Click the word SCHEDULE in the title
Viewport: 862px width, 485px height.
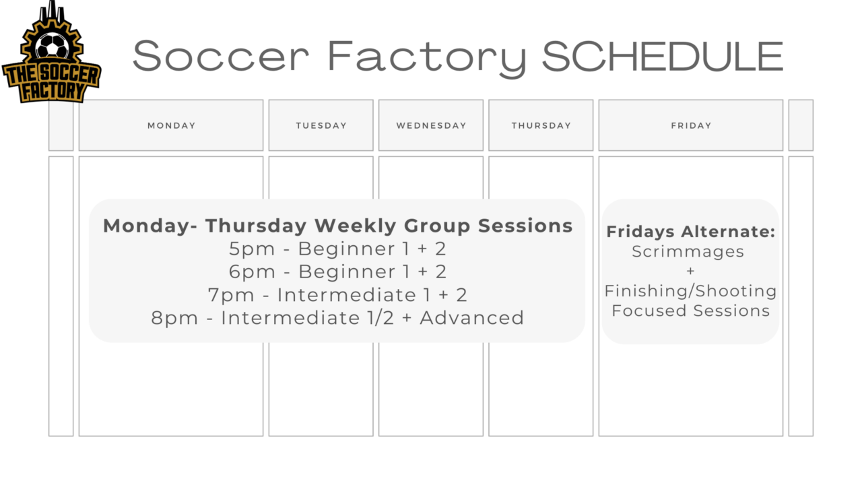pos(662,57)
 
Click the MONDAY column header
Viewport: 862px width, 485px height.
pos(171,125)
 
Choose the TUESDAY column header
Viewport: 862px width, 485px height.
pos(321,125)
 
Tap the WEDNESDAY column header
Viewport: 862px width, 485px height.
pos(431,125)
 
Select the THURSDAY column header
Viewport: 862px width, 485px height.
pos(541,125)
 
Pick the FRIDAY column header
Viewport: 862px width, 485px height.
pos(691,125)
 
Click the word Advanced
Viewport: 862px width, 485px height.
pos(471,318)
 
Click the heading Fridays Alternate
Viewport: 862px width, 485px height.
pos(691,232)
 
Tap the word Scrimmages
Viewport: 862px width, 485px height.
pos(688,252)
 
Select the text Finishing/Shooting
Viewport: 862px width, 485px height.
pos(690,291)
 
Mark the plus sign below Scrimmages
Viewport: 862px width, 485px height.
pos(690,271)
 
